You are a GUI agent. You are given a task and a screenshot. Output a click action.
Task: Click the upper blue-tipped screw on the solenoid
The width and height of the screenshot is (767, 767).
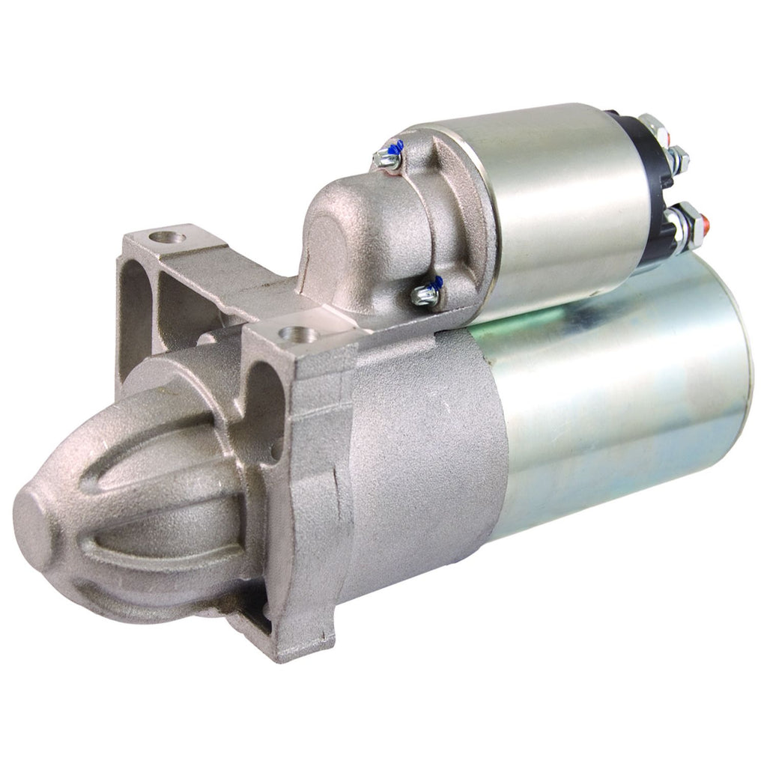pyautogui.click(x=389, y=154)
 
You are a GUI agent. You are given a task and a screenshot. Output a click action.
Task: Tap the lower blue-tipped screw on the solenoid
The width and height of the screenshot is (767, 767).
pyautogui.click(x=428, y=293)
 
